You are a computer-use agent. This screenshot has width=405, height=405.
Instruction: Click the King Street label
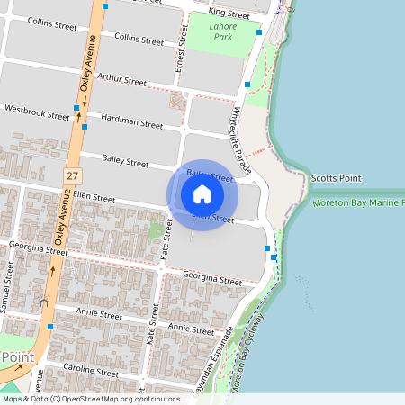tap(229, 14)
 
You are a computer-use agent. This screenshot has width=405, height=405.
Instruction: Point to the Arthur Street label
tap(121, 81)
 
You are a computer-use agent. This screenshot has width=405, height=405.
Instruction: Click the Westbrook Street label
tap(37, 112)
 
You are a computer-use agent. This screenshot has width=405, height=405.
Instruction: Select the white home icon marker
tap(202, 194)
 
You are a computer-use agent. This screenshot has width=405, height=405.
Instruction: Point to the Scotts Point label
tap(336, 178)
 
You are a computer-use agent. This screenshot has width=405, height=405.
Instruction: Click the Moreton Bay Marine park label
tap(358, 204)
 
